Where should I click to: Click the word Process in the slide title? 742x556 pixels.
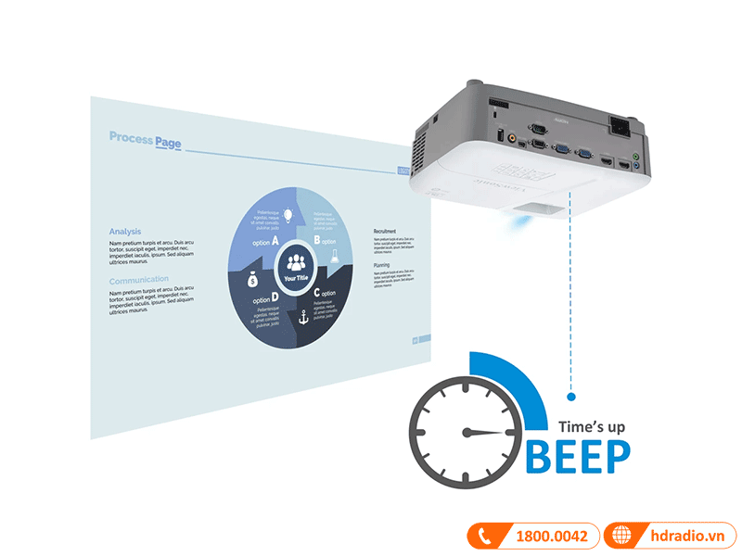130,137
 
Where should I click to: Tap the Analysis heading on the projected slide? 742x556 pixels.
125,231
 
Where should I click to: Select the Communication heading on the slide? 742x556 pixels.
139,279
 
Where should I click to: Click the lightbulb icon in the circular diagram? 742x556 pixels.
288,214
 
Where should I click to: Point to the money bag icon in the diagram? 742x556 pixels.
251,279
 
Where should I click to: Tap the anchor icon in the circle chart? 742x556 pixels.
301,317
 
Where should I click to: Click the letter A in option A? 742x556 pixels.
275,240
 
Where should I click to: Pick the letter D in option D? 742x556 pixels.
275,299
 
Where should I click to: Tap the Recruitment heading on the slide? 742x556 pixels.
385,231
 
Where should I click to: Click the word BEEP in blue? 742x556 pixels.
579,455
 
